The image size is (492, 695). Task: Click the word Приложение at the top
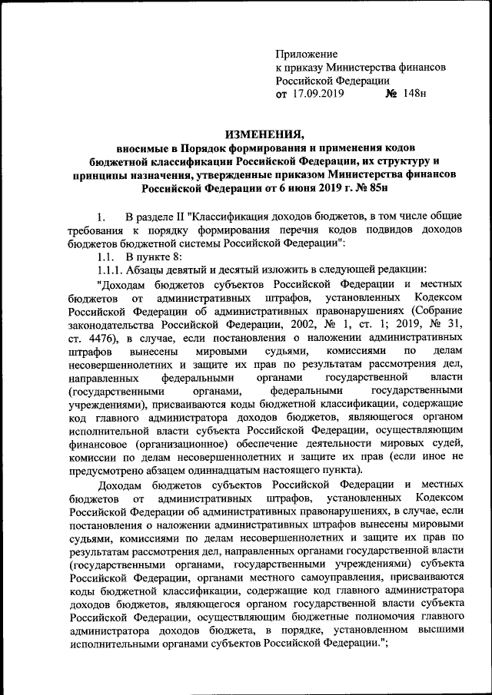tap(307, 55)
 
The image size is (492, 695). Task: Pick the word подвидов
tap(361, 230)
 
